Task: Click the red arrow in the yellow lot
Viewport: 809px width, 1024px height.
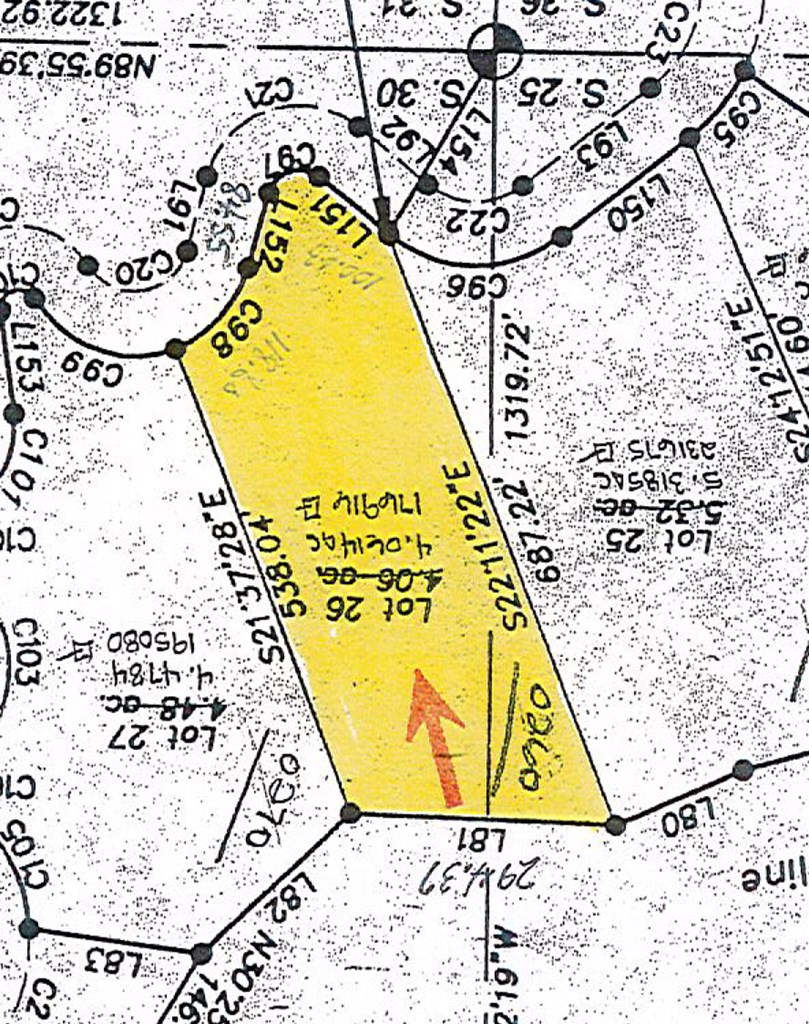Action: coord(437,735)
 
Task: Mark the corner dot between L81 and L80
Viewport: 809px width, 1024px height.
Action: coord(615,824)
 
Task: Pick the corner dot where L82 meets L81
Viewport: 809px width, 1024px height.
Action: coord(350,812)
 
